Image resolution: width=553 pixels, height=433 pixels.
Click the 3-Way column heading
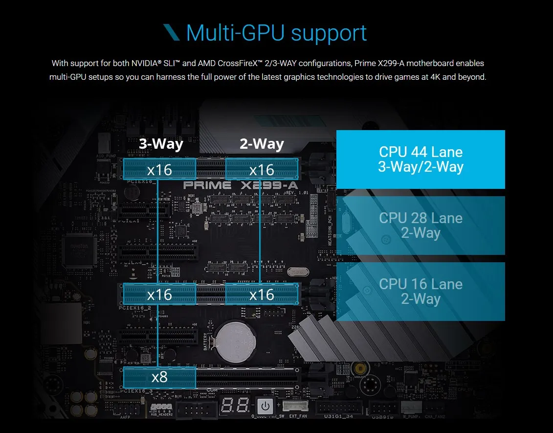[x=161, y=144]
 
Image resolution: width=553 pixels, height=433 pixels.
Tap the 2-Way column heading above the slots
[x=262, y=144]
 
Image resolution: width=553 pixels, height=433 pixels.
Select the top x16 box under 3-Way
[x=160, y=169]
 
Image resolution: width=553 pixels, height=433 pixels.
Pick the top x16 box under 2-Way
[x=262, y=169]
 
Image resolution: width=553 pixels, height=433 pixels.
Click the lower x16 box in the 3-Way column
[x=160, y=294]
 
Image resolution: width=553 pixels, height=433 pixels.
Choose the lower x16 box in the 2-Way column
[x=262, y=294]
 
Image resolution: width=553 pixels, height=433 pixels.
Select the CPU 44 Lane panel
[x=420, y=160]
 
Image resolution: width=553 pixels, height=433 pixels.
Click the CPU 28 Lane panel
[x=420, y=225]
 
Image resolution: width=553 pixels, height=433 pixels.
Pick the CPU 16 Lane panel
[x=420, y=292]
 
